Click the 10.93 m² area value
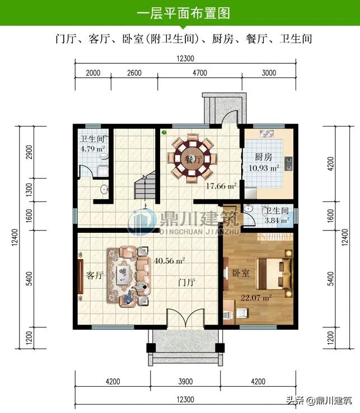point(260,167)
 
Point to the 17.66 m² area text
point(220,186)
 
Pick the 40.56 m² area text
point(169,260)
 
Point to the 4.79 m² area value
point(92,149)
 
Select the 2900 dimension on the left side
point(29,152)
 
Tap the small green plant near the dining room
point(164,133)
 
